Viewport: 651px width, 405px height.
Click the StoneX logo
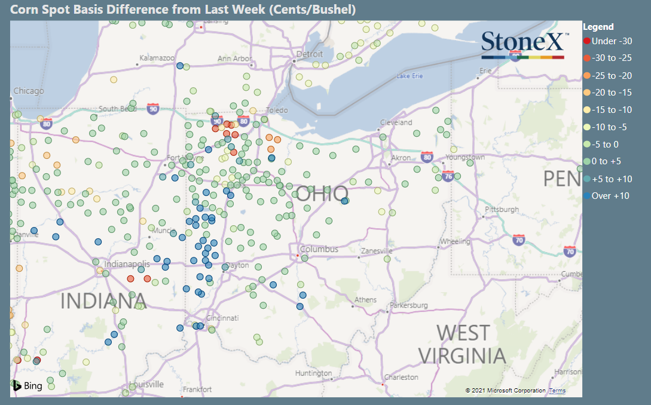522,44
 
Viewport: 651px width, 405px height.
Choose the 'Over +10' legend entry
610,196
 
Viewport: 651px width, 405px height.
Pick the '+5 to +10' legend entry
611,179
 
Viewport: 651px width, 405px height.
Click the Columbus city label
319,249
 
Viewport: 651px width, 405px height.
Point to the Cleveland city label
396,122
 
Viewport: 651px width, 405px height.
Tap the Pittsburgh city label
502,210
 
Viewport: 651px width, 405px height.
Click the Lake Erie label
409,76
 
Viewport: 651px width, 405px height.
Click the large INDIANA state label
103,301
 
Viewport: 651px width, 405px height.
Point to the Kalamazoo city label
157,58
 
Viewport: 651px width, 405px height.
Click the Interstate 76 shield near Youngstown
449,176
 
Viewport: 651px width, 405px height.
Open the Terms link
557,391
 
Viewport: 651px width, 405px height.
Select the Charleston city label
401,378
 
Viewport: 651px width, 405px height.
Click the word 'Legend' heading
598,27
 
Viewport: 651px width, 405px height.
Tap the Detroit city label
310,54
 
